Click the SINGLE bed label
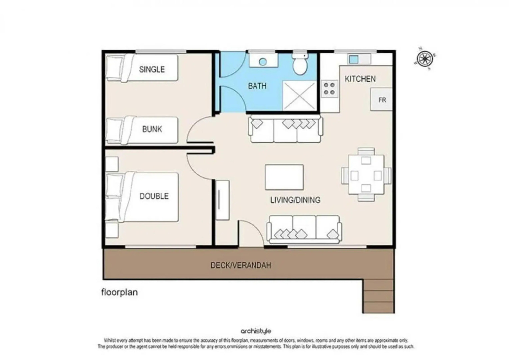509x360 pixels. (152, 69)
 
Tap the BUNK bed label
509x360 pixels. (152, 129)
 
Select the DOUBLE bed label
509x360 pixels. (154, 196)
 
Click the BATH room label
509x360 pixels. (257, 86)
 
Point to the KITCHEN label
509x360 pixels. (360, 79)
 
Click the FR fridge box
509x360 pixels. (382, 100)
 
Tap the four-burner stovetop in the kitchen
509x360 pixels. (329, 89)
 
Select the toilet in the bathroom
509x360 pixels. (300, 64)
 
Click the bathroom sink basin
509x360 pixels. (263, 61)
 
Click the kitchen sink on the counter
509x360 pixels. (354, 59)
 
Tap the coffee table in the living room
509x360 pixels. (284, 177)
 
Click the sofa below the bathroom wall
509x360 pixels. (285, 129)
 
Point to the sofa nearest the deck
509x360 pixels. (304, 229)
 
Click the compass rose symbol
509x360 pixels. (425, 59)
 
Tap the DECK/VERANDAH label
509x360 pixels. (241, 265)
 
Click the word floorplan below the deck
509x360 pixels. (119, 292)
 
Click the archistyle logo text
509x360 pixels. (256, 331)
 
